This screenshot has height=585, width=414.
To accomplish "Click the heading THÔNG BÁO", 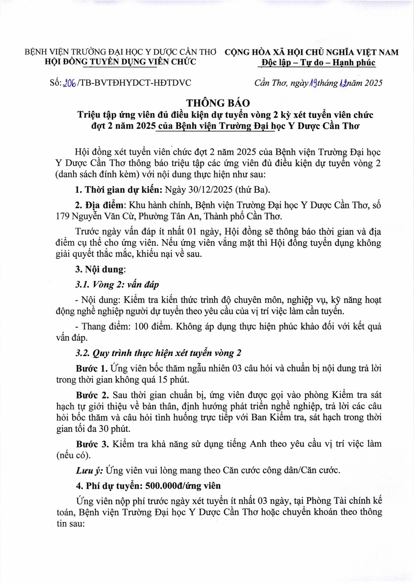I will pyautogui.click(x=218, y=103).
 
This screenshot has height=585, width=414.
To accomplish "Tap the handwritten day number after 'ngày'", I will pyautogui.click(x=313, y=83).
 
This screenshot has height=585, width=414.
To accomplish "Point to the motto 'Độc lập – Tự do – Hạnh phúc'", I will pyautogui.click(x=318, y=63).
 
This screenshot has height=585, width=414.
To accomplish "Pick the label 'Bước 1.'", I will pyautogui.click(x=91, y=368).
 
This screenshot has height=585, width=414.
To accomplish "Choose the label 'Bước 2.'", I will pyautogui.click(x=92, y=395).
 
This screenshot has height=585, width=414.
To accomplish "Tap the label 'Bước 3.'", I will pyautogui.click(x=92, y=444).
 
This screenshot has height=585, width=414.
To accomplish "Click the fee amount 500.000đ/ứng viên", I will pyautogui.click(x=183, y=486).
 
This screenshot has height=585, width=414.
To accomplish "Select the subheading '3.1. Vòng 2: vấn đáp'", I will pyautogui.click(x=117, y=285).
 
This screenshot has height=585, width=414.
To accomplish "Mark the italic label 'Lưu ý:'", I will pyautogui.click(x=89, y=470).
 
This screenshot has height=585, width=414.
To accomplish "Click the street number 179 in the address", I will pyautogui.click(x=62, y=217).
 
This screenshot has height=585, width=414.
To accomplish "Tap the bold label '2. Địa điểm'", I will pyautogui.click(x=99, y=205).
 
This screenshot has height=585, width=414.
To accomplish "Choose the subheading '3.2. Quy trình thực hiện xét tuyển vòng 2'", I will pyautogui.click(x=158, y=353).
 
